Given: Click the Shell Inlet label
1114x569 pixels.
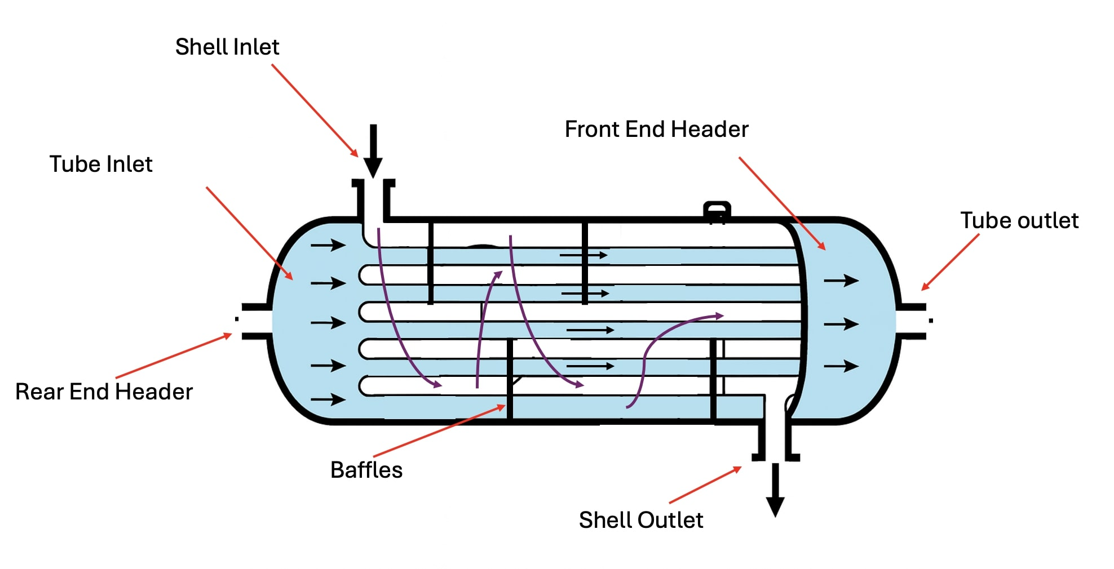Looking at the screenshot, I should coord(227,47).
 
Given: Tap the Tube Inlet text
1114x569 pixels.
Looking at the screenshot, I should coord(101,164).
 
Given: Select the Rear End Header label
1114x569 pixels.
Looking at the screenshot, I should coord(104,392).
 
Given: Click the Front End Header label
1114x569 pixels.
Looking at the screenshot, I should coord(656,130).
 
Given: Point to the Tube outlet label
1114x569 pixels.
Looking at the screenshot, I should coord(1019,220).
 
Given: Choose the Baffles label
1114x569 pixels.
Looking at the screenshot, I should coord(366,470).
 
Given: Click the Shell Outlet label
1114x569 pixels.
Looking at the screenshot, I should coord(640,520).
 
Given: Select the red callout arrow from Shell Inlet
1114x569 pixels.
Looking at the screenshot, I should coord(315,110).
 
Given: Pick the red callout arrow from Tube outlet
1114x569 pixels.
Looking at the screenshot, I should coord(950,262).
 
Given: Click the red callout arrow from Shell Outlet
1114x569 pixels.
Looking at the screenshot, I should coord(705,485).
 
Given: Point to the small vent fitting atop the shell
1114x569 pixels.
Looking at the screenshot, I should coord(717,211).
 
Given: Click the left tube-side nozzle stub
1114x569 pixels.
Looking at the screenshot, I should coord(254,322).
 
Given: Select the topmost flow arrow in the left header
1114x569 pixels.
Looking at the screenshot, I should coord(328,245).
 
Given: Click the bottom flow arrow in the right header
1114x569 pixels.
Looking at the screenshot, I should coord(841,366).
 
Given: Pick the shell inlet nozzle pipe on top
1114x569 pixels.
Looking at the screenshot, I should coord(373,203).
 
